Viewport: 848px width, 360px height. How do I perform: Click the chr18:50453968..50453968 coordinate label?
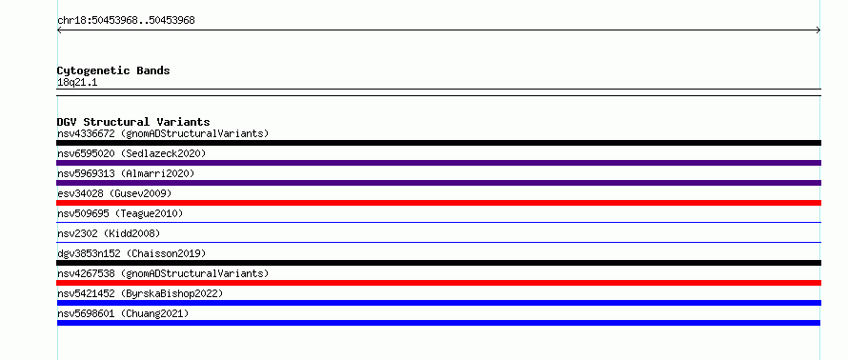tap(126, 21)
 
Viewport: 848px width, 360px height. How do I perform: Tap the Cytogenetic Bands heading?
tap(113, 70)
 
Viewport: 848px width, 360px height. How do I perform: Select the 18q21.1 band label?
tap(77, 83)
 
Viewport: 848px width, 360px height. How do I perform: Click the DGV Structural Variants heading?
tap(133, 122)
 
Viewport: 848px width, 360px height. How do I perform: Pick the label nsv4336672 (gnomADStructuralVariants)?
tap(163, 133)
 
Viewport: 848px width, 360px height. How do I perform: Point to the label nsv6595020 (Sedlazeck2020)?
tap(131, 153)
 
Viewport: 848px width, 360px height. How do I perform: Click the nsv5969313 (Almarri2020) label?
tap(126, 173)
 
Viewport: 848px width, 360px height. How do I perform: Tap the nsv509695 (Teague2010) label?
tap(120, 213)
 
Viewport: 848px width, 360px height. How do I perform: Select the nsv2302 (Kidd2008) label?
tap(109, 233)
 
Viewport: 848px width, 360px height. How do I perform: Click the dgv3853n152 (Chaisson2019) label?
tap(131, 253)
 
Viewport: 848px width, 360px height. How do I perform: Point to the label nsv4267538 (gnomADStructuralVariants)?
tap(163, 273)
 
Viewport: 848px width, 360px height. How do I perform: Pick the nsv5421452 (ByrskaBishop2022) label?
tap(140, 293)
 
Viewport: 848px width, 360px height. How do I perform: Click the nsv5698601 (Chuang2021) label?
tap(123, 313)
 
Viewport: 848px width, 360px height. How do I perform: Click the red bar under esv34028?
tap(438, 203)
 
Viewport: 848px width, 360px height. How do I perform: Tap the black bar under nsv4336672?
tap(438, 143)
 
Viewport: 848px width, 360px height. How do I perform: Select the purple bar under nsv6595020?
tap(438, 163)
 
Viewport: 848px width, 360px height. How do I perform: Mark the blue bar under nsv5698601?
tap(438, 323)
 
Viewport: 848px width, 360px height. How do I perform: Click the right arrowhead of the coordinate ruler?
tap(819, 30)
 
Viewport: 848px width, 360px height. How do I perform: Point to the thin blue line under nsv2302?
tap(438, 242)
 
